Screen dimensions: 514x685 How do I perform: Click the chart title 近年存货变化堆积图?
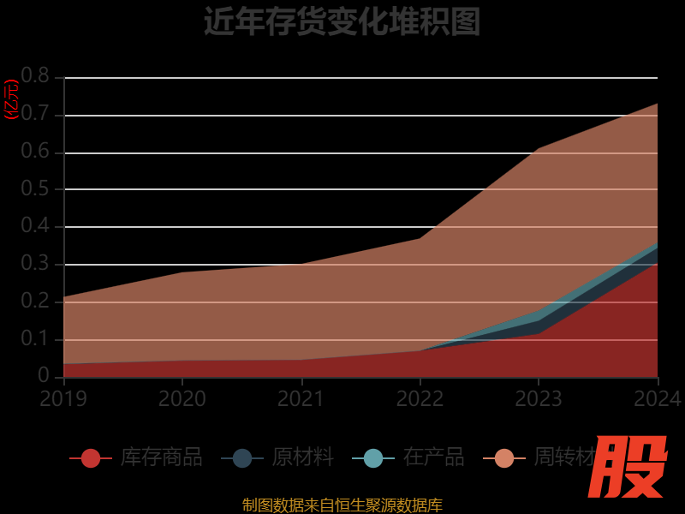(x=342, y=21)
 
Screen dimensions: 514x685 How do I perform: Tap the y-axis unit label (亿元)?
(x=11, y=99)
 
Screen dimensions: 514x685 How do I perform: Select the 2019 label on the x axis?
(x=63, y=398)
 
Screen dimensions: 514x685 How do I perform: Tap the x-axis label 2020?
(x=182, y=398)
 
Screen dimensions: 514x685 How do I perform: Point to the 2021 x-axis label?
(x=301, y=398)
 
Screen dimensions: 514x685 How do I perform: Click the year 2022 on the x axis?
(x=420, y=398)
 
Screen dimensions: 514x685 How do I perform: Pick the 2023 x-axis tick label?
(x=539, y=398)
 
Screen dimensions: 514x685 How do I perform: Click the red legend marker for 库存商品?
(x=91, y=458)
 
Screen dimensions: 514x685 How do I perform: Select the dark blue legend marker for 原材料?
(x=242, y=458)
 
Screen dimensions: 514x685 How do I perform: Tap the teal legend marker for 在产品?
(x=373, y=458)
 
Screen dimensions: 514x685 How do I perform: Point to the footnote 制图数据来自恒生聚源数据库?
(x=342, y=505)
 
